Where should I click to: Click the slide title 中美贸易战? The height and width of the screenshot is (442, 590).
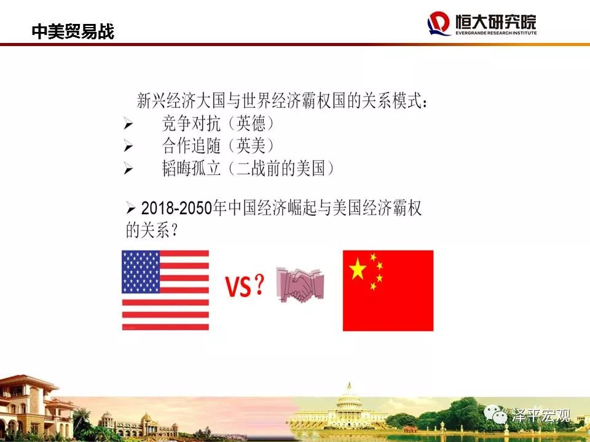click(73, 31)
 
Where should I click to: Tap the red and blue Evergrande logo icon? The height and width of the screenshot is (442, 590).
click(439, 23)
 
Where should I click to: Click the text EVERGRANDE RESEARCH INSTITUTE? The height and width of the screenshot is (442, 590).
click(496, 33)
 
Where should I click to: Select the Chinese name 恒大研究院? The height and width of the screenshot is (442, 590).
click(495, 21)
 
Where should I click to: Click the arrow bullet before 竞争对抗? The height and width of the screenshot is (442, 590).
click(128, 123)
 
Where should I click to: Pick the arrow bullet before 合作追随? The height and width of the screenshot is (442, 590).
click(128, 146)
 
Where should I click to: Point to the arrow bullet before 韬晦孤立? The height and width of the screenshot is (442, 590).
click(128, 169)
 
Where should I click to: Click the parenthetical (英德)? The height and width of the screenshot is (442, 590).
click(251, 123)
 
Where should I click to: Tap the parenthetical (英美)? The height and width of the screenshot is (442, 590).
click(251, 146)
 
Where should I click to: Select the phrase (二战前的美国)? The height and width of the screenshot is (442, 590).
click(281, 168)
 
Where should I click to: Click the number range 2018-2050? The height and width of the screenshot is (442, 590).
click(176, 208)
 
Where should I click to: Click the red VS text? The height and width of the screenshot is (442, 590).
click(238, 287)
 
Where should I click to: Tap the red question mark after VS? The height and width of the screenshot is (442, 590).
click(259, 284)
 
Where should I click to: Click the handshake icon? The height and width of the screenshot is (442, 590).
click(300, 284)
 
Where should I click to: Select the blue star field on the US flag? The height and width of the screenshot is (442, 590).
click(141, 272)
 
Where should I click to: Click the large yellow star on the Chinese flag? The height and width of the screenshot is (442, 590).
click(358, 269)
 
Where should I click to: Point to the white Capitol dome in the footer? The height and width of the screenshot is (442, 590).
click(349, 400)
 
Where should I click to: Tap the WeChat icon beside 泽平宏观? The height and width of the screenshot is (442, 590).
click(495, 414)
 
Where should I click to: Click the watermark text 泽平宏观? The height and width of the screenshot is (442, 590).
click(540, 416)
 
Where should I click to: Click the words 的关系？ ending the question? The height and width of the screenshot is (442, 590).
click(151, 230)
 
